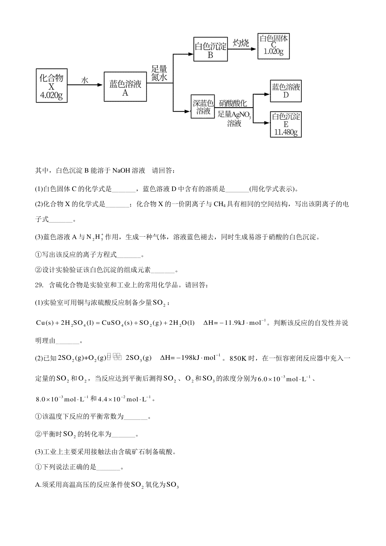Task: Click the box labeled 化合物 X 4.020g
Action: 51,86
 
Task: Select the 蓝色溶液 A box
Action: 125,86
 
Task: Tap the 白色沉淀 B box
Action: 210,49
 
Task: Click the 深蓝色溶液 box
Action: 203,107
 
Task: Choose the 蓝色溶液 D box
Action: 286,91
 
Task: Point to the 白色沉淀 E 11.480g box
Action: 286,124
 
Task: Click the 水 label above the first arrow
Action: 85,80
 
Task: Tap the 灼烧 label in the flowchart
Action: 241,43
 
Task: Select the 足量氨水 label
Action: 159,73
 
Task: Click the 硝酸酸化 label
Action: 233,103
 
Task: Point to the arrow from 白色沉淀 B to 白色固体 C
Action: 242,49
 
